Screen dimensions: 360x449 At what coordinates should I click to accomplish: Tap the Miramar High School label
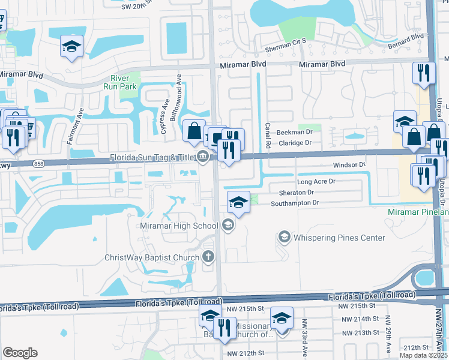tap(178, 225)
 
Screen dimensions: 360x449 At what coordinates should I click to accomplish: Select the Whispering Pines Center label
tap(339, 238)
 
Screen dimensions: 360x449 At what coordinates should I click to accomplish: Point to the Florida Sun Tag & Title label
tap(152, 158)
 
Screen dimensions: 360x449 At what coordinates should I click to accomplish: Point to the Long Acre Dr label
tap(316, 181)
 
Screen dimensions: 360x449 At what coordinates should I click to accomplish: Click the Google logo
tap(20, 353)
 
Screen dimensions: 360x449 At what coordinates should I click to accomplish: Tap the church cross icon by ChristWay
tap(208, 258)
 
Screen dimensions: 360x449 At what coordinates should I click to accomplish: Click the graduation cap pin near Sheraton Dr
tap(238, 201)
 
